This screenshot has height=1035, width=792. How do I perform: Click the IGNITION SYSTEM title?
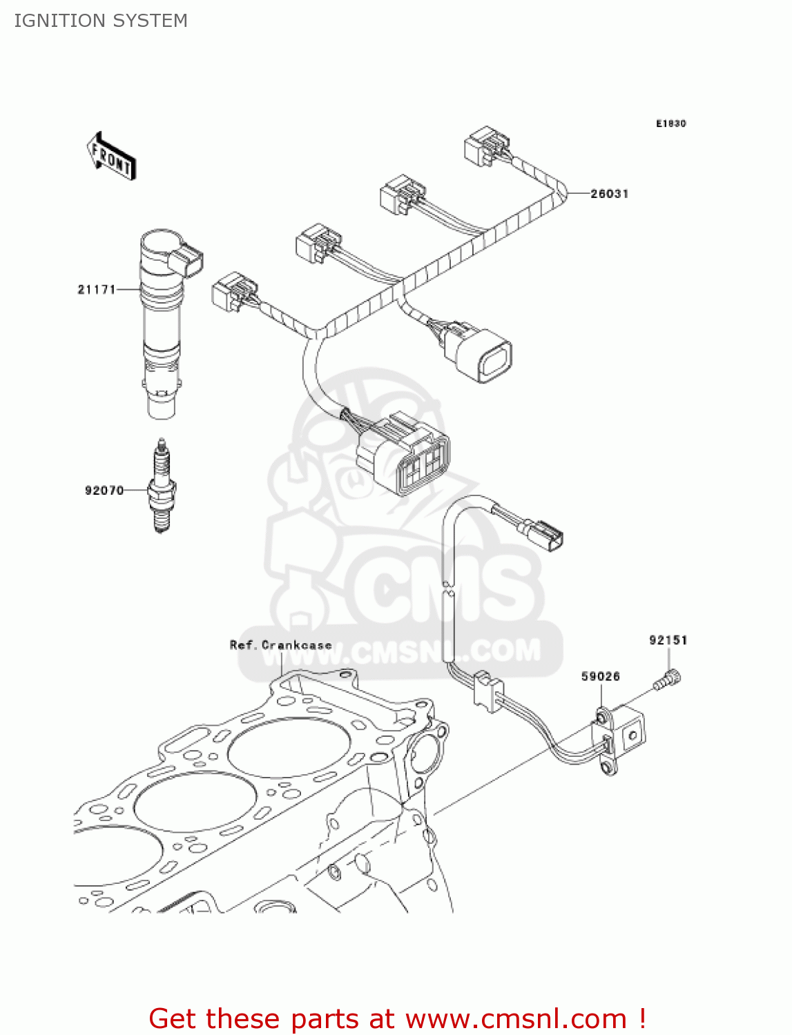101,21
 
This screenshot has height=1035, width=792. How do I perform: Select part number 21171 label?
96,289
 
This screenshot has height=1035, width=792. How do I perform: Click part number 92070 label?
104,491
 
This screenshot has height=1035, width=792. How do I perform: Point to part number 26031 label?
609,194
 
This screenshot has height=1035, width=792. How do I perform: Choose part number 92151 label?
668,640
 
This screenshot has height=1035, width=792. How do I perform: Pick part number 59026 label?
600,676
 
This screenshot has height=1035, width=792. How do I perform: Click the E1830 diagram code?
670,124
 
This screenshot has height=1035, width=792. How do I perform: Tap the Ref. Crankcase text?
280,645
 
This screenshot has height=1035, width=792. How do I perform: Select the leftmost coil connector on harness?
233,290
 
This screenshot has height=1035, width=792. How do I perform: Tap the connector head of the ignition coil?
186,261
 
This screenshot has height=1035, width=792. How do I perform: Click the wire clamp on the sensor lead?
487,688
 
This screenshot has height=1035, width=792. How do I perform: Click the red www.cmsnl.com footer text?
397,1018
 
